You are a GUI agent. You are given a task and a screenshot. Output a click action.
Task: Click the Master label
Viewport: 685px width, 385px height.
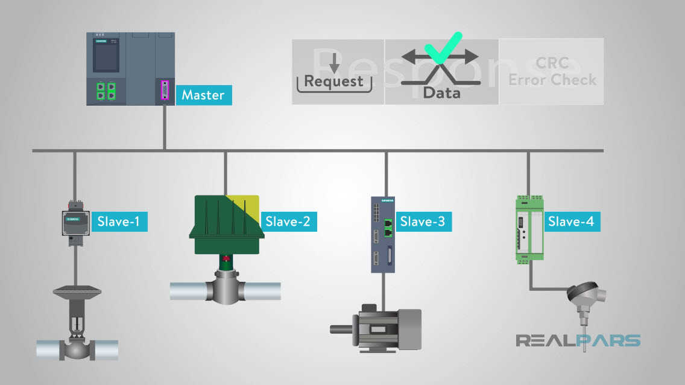(203, 95)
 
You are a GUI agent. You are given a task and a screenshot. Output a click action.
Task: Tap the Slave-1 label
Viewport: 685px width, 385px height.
(118, 221)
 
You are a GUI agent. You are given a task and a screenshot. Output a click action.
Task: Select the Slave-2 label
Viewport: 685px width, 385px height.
(288, 221)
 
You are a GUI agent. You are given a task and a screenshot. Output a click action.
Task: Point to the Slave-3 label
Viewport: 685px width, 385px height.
(422, 221)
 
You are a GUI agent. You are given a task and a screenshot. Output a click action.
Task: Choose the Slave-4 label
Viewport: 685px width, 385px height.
(570, 221)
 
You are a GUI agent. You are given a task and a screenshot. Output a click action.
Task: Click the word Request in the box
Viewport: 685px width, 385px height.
(333, 81)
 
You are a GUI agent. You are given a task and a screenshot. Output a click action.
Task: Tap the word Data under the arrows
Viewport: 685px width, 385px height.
(441, 93)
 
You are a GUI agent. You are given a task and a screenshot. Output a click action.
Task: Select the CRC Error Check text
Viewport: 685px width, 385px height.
(552, 71)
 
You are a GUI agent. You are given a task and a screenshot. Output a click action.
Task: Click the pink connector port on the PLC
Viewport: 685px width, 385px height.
(164, 91)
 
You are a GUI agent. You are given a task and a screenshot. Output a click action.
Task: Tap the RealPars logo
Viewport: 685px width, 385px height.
(578, 340)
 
